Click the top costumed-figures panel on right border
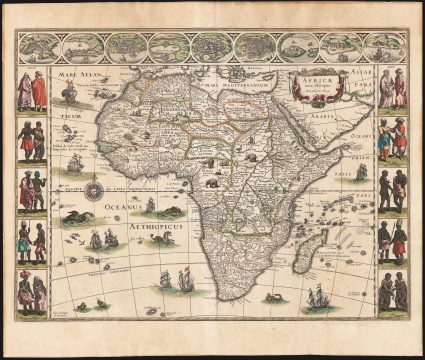click(x=391, y=91)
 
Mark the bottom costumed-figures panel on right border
click(x=391, y=290)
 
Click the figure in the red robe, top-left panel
click(x=39, y=92)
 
